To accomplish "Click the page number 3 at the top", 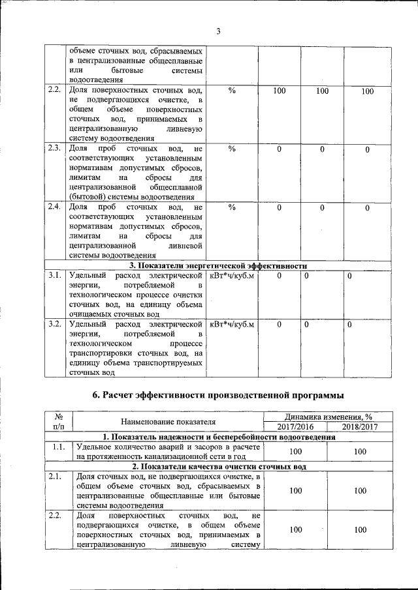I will (219, 31).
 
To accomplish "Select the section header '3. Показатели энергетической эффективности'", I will (218, 265).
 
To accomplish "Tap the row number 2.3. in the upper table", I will (54, 148).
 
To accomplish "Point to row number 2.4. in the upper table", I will (54, 207).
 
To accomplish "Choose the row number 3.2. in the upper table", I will (54, 324).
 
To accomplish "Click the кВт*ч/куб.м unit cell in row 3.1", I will (231, 276).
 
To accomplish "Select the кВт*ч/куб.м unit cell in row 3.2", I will (231, 324).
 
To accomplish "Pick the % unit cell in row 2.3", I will (231, 149).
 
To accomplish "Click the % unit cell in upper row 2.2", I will (231, 91).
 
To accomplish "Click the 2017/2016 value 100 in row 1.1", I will (296, 451).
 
